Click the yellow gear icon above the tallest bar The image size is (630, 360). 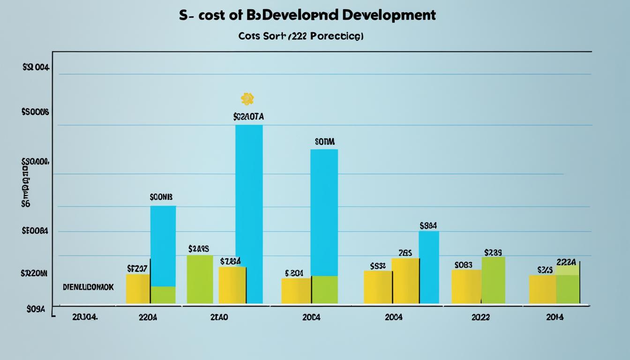(247, 98)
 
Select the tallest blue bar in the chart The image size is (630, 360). (249, 214)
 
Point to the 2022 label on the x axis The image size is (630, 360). (480, 317)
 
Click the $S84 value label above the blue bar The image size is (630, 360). (428, 226)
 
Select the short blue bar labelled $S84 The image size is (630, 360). (428, 267)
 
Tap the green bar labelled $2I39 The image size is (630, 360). (493, 280)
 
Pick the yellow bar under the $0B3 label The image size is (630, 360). (466, 286)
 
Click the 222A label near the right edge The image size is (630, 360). (566, 262)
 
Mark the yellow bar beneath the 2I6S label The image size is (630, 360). (405, 280)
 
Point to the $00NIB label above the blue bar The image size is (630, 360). (161, 198)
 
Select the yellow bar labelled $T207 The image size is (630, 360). (138, 289)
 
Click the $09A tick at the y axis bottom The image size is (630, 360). (36, 309)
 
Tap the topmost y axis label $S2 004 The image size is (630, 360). (36, 67)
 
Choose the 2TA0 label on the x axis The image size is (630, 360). (219, 317)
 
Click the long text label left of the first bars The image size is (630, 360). (88, 287)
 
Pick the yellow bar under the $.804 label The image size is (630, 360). (296, 291)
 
